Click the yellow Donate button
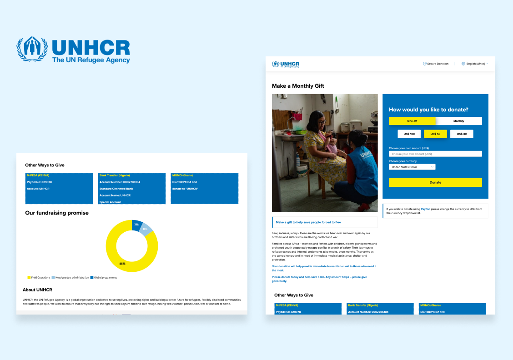click(x=435, y=182)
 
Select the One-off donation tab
click(x=412, y=121)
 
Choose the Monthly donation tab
click(x=458, y=121)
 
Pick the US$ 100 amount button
click(x=409, y=134)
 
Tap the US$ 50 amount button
click(x=435, y=134)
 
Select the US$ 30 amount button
click(x=461, y=134)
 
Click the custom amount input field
click(x=435, y=154)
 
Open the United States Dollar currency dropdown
click(x=412, y=167)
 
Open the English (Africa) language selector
click(x=475, y=64)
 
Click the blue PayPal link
click(x=425, y=209)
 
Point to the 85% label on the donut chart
click(x=123, y=264)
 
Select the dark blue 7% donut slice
click(x=136, y=224)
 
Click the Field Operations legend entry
click(x=39, y=277)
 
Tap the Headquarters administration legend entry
click(x=70, y=277)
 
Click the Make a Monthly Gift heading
click(x=298, y=86)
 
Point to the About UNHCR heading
click(x=37, y=290)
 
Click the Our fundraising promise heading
click(x=57, y=213)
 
